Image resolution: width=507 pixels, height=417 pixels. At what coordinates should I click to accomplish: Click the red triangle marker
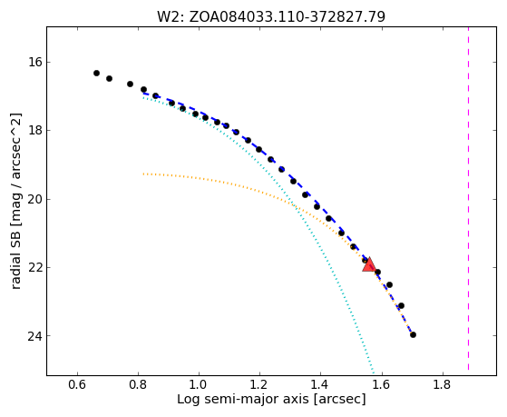pos(369,264)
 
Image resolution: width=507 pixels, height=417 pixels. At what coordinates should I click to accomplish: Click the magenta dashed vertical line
pos(468,198)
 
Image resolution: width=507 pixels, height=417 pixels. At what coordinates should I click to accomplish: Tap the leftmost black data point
pos(96,74)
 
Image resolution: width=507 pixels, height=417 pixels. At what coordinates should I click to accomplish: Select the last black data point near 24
pos(413,334)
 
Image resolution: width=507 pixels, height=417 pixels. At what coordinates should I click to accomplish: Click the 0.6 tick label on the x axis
pos(77,384)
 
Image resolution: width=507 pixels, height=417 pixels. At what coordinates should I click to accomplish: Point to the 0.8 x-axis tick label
pos(138,384)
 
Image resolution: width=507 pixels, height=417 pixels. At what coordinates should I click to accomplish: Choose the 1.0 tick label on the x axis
pos(199,384)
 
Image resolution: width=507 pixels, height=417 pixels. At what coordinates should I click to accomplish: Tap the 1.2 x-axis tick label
pos(259,384)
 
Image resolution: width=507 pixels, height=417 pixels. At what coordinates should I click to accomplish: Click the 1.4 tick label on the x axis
pos(320,384)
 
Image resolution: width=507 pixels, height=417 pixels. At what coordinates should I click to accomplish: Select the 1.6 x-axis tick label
pos(382,384)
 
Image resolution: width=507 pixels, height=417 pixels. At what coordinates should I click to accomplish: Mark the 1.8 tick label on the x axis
pos(443,384)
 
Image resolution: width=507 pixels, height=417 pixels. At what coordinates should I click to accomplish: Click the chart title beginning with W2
pos(271,16)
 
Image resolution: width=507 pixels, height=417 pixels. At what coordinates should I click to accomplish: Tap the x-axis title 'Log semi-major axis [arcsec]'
pos(271,399)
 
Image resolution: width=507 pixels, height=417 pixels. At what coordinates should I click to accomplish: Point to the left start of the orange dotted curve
pos(143,174)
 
